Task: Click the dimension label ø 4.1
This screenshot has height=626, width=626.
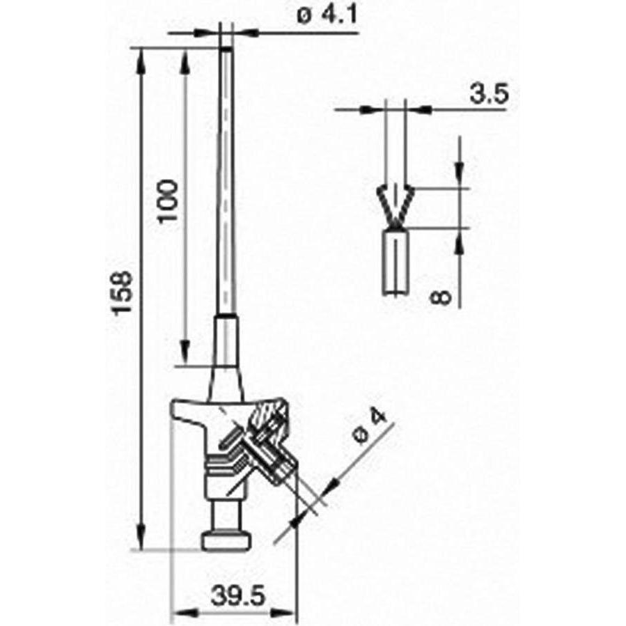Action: tap(326, 15)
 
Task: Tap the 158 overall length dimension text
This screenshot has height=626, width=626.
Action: tap(122, 292)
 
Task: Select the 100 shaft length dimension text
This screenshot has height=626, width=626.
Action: tap(168, 201)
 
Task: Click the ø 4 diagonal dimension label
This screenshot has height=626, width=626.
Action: tap(370, 426)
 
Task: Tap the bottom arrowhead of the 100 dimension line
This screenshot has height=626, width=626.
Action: tap(185, 348)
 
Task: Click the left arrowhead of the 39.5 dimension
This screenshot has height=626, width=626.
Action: tap(178, 613)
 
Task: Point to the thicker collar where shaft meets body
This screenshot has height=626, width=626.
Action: tap(226, 341)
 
